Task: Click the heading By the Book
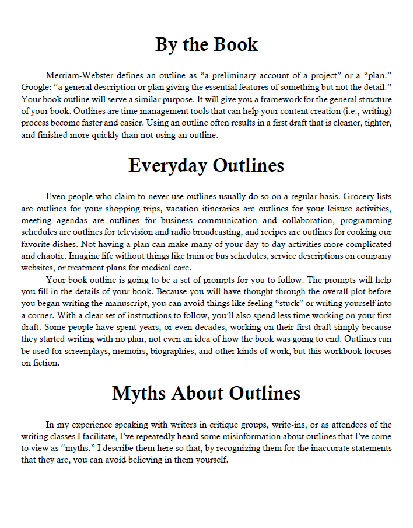tap(206, 44)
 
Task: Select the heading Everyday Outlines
tap(206, 165)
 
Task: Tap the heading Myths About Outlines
tap(206, 392)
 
